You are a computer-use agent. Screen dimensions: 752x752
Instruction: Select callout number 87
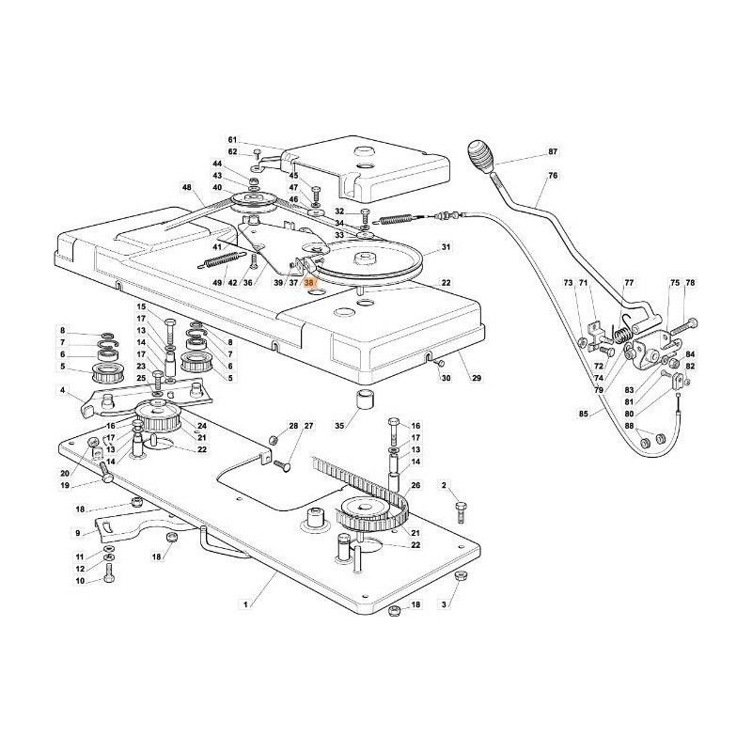tap(553, 151)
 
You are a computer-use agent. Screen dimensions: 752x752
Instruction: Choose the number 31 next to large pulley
tap(446, 247)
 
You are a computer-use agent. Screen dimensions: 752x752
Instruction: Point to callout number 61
tap(232, 138)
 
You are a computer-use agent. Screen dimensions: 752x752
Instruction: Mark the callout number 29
tap(477, 378)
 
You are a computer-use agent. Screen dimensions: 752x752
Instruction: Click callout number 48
tap(187, 188)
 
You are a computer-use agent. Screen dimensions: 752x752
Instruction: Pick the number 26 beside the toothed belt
tap(415, 486)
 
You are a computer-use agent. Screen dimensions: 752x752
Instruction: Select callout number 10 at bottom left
tap(81, 581)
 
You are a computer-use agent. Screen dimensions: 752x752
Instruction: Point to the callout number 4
tap(63, 391)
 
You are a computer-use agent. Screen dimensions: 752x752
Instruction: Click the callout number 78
tap(690, 283)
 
